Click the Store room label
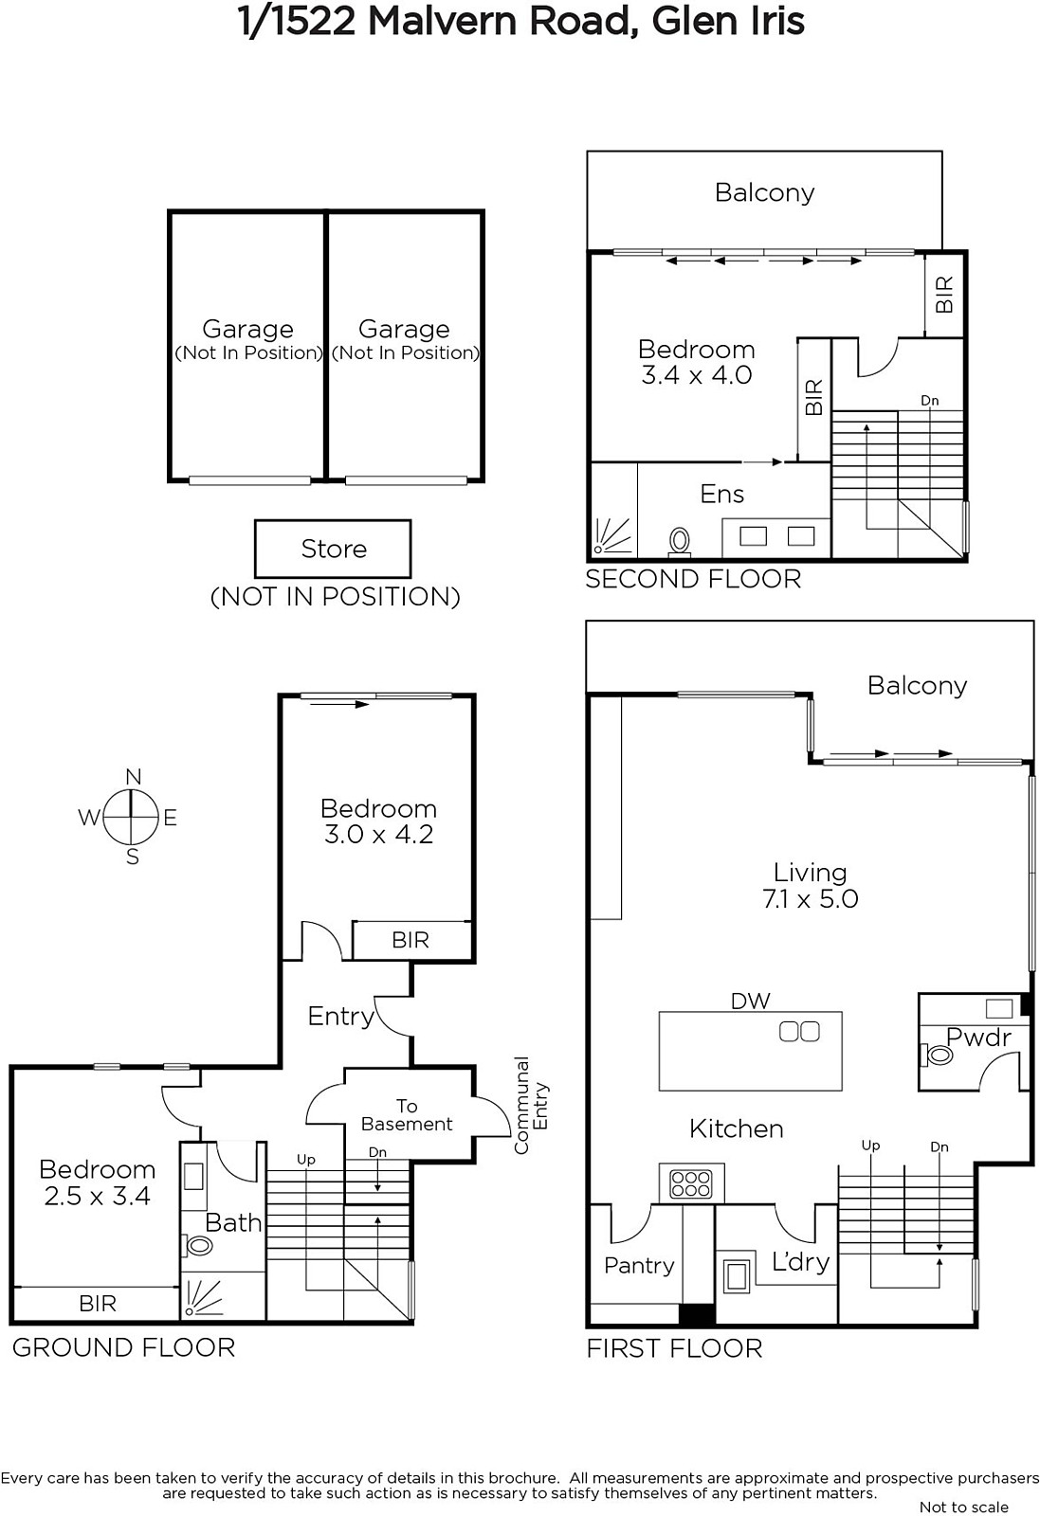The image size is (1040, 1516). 333,549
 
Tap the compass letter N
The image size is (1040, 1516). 134,777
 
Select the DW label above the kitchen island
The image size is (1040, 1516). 750,1001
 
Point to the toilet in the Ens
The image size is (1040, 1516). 680,542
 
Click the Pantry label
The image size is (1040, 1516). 638,1266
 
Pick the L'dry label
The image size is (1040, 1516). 800,1261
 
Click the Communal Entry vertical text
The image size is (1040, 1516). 531,1105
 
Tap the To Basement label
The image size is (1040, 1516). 407,1114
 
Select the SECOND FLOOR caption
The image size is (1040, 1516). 693,579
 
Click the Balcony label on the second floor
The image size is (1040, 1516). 764,193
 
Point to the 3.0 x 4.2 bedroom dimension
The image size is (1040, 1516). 378,835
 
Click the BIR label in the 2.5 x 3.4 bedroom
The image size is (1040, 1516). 98,1304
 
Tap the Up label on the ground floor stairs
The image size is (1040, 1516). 306,1160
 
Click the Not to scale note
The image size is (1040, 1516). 963,1507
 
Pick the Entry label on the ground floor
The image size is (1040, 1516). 340,1017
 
